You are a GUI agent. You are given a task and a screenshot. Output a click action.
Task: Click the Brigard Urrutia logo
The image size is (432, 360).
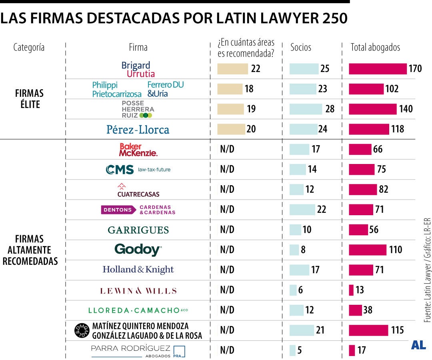coord(138,69)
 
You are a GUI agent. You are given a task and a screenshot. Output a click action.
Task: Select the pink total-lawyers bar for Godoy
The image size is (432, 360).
coord(368,250)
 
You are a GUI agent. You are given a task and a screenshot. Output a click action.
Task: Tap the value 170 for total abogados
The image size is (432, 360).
coord(415,69)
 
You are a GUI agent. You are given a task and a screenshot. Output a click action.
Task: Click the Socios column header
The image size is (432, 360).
coord(300,47)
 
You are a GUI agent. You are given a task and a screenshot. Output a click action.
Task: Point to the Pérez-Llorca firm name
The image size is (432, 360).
coord(138,129)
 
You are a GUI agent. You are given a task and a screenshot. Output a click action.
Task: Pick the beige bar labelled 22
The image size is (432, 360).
coord(232,69)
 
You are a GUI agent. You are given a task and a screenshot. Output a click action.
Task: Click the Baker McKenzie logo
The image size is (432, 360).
coord(138,150)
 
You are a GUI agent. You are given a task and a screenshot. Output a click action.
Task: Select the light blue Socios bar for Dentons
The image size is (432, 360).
coord(302,210)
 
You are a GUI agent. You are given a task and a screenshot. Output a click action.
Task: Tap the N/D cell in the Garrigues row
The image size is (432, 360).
coord(227,230)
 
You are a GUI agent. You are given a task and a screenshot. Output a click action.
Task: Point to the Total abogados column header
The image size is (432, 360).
coord(375,47)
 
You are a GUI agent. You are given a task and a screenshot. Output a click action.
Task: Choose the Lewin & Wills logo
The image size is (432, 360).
coord(138,291)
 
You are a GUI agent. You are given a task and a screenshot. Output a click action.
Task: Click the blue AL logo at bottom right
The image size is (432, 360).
coord(418,345)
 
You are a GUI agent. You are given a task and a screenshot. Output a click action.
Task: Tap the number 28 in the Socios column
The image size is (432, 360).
coord(330,109)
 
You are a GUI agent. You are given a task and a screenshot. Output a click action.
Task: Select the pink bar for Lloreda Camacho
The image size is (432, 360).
coord(355,310)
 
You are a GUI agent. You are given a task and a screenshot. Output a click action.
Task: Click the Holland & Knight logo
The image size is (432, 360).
coord(138,270)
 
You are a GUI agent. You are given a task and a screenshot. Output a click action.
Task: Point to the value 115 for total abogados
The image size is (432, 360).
coord(397,330)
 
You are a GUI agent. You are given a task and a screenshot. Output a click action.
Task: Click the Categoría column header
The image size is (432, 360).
coord(29,47)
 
